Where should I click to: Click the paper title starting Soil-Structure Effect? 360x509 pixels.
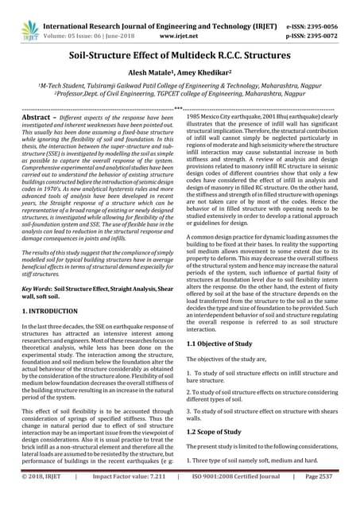(x=180, y=58)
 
